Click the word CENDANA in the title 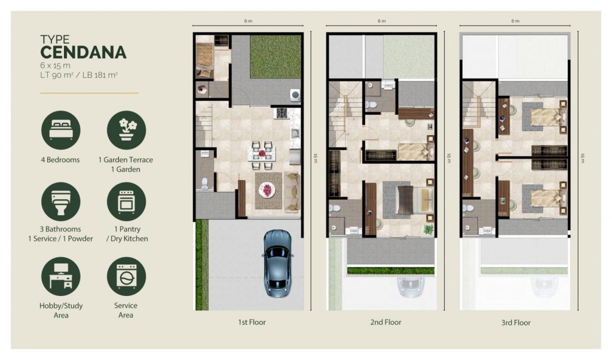point(83,52)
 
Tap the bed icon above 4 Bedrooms point(61,130)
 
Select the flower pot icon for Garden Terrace point(127,130)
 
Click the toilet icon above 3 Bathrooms point(61,202)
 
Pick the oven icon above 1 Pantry point(127,202)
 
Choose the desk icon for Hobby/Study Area point(61,276)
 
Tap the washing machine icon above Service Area point(127,276)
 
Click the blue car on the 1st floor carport point(277,263)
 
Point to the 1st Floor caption point(252,322)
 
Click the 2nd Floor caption point(385,322)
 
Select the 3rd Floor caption point(516,322)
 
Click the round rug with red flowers point(267,191)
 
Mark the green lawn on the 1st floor point(276,57)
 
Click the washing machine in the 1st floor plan point(295,95)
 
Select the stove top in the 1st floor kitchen point(282,113)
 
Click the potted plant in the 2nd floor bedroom point(429,229)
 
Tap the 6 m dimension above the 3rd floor point(515,21)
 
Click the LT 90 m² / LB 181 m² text point(79,75)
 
